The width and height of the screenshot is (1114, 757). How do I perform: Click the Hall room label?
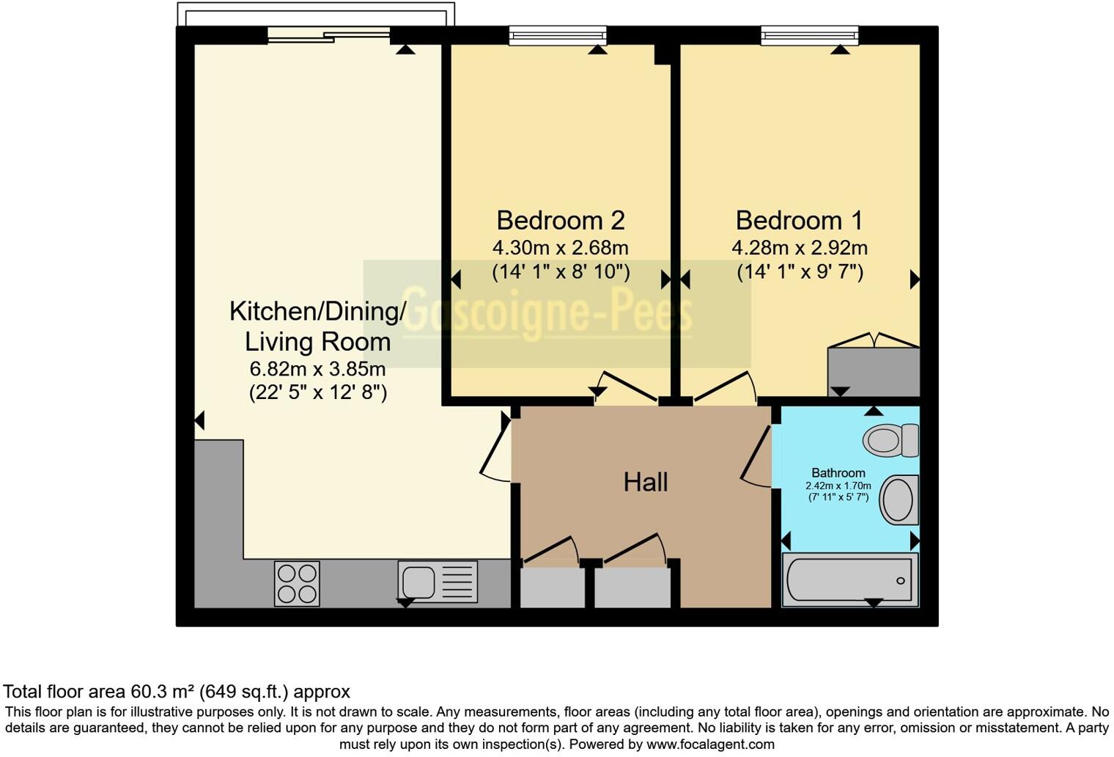pyautogui.click(x=645, y=482)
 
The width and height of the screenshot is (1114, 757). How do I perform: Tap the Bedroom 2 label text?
pyautogui.click(x=560, y=220)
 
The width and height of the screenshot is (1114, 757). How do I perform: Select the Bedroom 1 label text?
pyautogui.click(x=799, y=220)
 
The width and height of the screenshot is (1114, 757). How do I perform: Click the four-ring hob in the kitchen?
pyautogui.click(x=297, y=583)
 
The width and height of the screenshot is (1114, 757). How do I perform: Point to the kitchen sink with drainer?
pyautogui.click(x=438, y=582)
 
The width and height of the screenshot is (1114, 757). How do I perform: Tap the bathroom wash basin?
pyautogui.click(x=899, y=500)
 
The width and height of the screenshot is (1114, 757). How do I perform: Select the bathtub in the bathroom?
pyautogui.click(x=850, y=580)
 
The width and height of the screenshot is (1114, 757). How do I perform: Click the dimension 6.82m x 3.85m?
pyautogui.click(x=317, y=368)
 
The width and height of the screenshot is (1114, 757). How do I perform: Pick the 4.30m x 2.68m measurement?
pyautogui.click(x=560, y=248)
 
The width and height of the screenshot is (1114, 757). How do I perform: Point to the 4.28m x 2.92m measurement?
pyautogui.click(x=799, y=248)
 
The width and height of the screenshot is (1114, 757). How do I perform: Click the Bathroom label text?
pyautogui.click(x=838, y=473)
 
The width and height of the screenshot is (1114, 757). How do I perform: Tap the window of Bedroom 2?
pyautogui.click(x=558, y=35)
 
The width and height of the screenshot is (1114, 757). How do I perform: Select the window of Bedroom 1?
pyautogui.click(x=808, y=35)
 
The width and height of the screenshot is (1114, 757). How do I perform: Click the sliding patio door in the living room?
pyautogui.click(x=328, y=34)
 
